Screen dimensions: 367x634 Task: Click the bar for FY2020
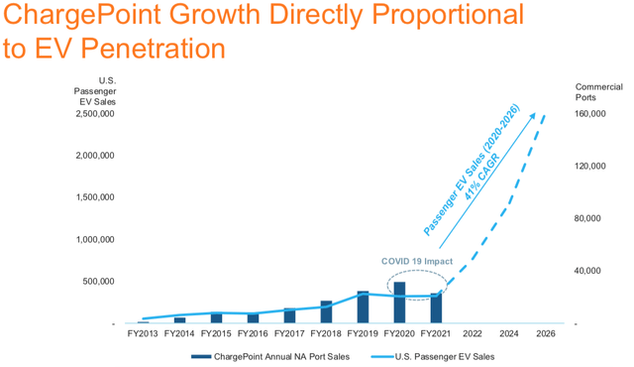coord(399,304)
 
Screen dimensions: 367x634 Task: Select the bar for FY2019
coord(363,307)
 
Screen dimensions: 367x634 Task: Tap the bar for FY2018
coord(326,312)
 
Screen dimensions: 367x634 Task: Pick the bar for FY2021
coord(435,308)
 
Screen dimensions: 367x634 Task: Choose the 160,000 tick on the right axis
coord(592,113)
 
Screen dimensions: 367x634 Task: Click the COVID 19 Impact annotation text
coord(417,262)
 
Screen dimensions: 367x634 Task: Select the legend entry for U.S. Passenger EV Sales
coord(438,355)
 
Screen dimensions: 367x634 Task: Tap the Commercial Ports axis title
coord(594,91)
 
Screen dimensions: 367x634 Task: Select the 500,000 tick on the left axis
coord(96,282)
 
